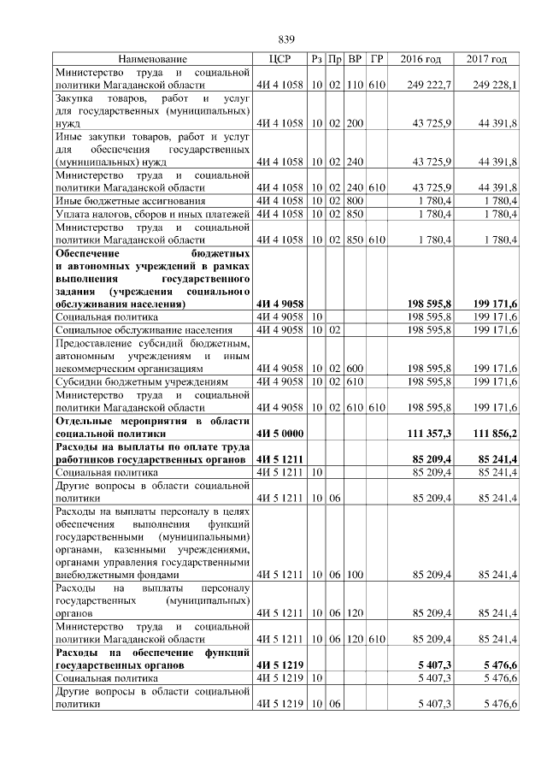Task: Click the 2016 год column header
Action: pos(421,59)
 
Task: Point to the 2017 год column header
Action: pos(486,59)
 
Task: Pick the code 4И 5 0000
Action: pos(280,434)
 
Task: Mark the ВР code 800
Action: pos(356,200)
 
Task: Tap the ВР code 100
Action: pos(356,576)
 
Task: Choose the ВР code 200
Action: pos(356,124)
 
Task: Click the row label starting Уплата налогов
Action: pos(150,213)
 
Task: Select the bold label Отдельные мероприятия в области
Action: pos(150,422)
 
